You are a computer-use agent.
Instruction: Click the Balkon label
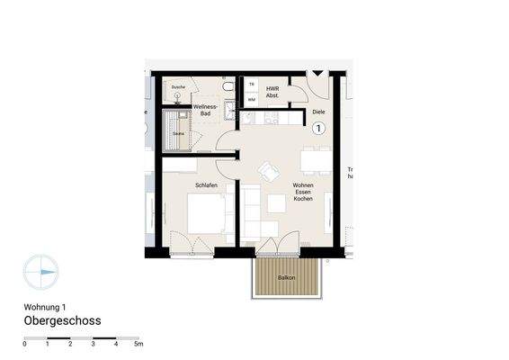[287, 278]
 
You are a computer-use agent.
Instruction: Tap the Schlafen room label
[207, 185]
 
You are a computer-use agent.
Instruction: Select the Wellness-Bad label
[206, 111]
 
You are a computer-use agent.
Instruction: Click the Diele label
[317, 112]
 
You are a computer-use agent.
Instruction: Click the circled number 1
[317, 129]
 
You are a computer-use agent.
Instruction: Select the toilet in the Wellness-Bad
[227, 85]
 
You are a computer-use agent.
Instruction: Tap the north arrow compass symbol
[40, 270]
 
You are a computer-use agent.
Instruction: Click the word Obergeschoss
[62, 320]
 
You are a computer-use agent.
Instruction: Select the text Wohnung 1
[45, 306]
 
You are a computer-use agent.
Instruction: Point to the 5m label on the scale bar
[138, 344]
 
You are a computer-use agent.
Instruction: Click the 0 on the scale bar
[25, 344]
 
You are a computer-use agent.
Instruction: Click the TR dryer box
[251, 85]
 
